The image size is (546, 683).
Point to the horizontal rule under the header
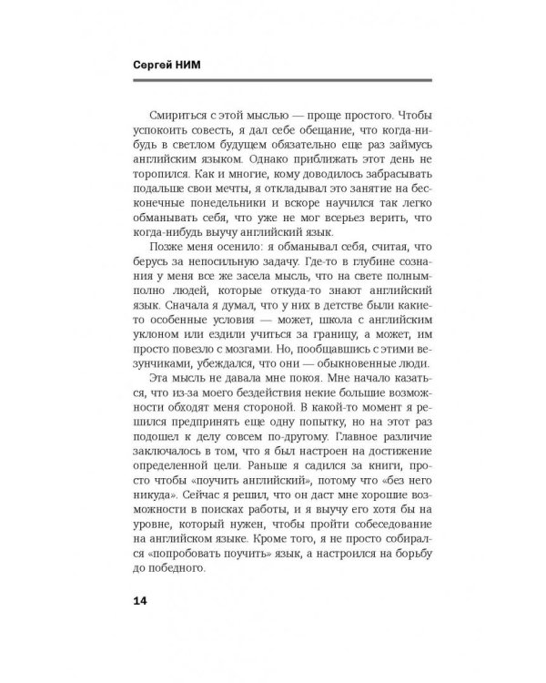272,82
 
